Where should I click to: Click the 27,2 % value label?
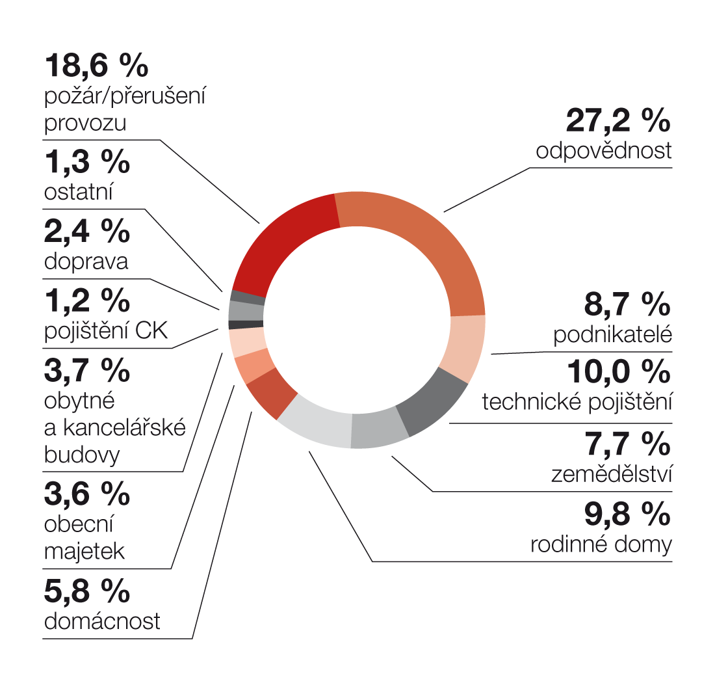617,120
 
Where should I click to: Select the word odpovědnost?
603,151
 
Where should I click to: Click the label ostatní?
79,193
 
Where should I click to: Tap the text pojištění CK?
106,331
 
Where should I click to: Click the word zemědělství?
610,474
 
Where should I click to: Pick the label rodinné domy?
601,544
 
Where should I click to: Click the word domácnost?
102,621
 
